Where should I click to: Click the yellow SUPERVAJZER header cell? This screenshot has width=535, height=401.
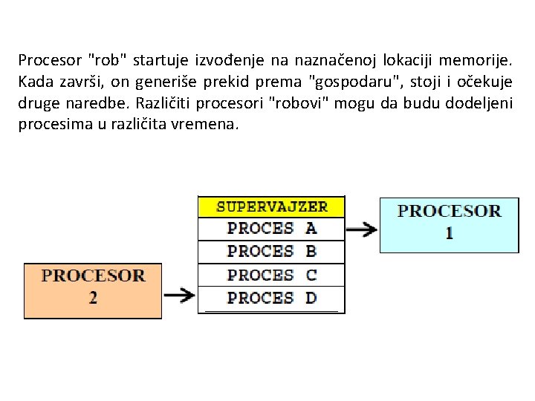click(271, 206)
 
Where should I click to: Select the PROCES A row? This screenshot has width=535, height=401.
click(271, 229)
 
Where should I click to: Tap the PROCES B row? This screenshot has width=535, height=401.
click(271, 252)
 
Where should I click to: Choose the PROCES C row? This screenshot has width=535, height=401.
click(271, 275)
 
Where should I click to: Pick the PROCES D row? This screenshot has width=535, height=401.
click(271, 298)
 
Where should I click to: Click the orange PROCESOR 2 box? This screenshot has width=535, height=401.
click(93, 290)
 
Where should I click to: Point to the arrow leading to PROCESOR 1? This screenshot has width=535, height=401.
click(362, 229)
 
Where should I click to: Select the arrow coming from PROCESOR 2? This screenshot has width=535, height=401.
click(180, 296)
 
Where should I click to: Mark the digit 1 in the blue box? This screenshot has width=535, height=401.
click(449, 233)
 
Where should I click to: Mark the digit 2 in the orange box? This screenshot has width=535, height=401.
click(93, 299)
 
